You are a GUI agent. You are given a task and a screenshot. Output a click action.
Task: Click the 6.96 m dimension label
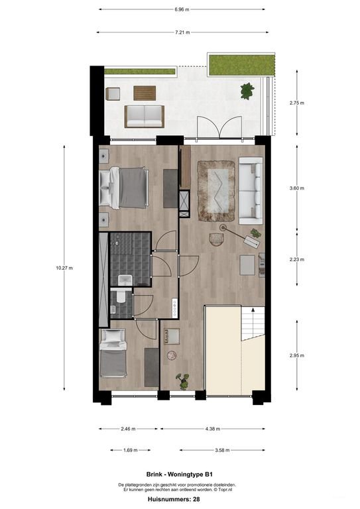point(181,10)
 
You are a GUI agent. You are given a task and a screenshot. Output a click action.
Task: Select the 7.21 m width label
point(181,32)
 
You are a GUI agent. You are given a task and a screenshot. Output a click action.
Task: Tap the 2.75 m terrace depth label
point(297,103)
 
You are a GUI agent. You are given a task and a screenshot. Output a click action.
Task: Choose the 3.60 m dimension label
point(297,188)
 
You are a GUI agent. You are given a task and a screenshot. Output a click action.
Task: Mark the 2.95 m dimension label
point(297,355)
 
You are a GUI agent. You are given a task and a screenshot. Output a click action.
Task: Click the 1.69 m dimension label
point(131,450)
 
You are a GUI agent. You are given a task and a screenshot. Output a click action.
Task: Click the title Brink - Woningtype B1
point(180,474)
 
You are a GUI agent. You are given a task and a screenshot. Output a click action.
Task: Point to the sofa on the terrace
point(145,116)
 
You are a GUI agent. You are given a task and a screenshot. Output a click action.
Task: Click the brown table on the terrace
point(145,92)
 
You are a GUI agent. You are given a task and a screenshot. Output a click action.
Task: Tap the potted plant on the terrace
point(247,90)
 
